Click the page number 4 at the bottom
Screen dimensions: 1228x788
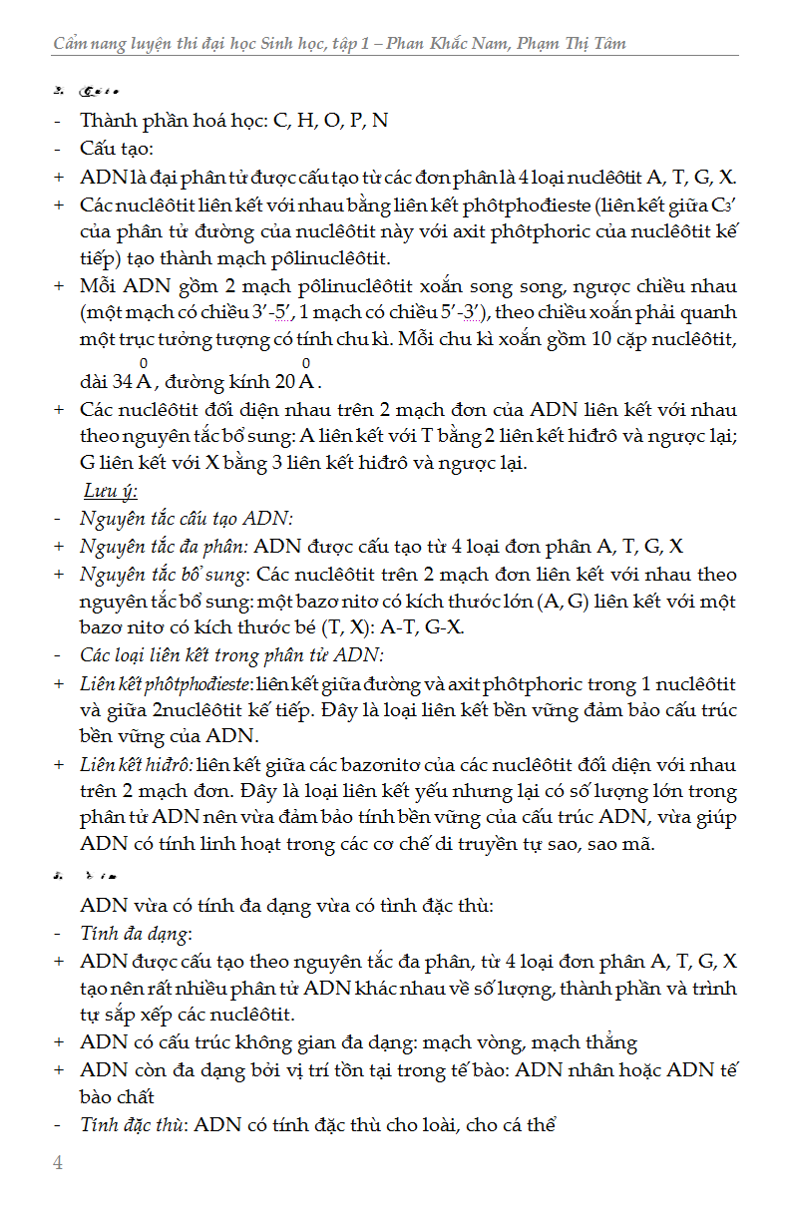pyautogui.click(x=58, y=1163)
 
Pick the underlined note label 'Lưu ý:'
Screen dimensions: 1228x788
pyautogui.click(x=110, y=491)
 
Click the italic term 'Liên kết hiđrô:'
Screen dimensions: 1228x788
pyautogui.click(x=137, y=765)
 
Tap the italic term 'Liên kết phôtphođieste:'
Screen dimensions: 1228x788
pyautogui.click(x=166, y=684)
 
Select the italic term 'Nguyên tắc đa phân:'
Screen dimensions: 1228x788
pyautogui.click(x=164, y=546)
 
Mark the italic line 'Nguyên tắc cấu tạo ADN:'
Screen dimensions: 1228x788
pyautogui.click(x=187, y=518)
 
